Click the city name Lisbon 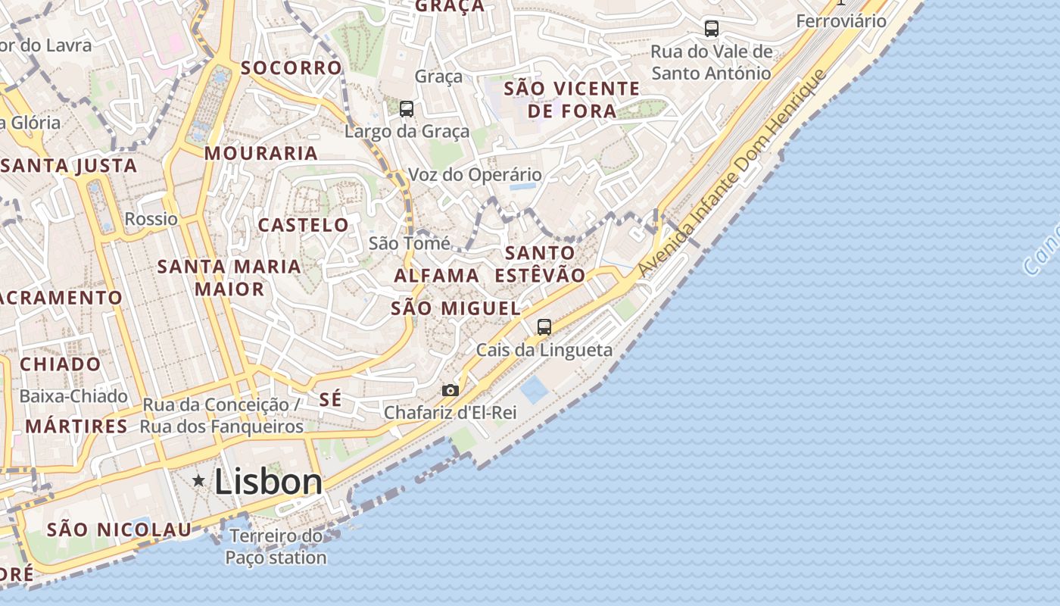tap(268, 482)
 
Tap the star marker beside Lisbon tap(199, 480)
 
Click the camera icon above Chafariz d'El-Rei tap(450, 390)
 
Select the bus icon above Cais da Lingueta tap(544, 327)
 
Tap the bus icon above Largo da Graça tap(407, 109)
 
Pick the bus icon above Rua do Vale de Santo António tap(711, 29)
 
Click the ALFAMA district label tap(437, 275)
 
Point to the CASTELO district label tap(304, 225)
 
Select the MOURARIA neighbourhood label tap(261, 153)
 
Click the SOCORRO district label tap(291, 67)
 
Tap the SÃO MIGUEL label tap(456, 308)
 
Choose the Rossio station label tap(151, 219)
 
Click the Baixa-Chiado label tap(73, 395)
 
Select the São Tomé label tap(409, 243)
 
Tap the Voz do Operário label tap(475, 175)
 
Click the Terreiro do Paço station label tap(276, 547)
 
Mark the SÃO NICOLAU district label tap(119, 529)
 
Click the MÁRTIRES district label tap(76, 426)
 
